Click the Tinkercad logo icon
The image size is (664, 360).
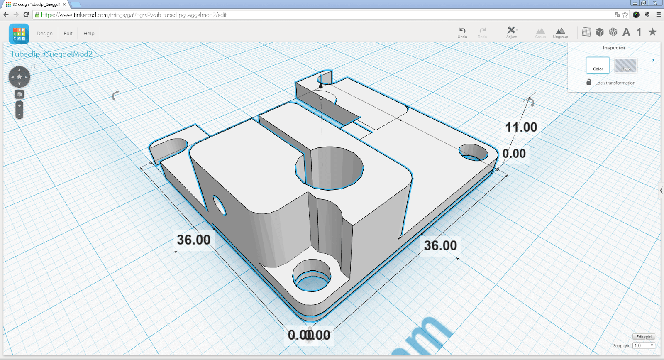click(x=19, y=34)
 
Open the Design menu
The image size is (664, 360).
click(x=44, y=34)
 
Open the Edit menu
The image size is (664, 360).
click(x=68, y=34)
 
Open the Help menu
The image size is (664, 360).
click(x=89, y=34)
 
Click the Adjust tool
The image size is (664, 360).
click(x=511, y=32)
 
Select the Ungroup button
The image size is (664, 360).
click(x=560, y=33)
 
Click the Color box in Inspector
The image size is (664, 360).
click(x=598, y=66)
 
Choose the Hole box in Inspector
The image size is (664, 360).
click(x=626, y=66)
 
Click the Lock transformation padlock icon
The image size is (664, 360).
click(x=589, y=82)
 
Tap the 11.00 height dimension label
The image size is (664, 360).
click(x=521, y=127)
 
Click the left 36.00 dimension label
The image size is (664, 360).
click(x=193, y=240)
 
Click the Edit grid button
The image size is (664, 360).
click(x=644, y=337)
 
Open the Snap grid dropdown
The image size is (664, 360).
click(x=644, y=345)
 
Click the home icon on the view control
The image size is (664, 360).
click(x=19, y=77)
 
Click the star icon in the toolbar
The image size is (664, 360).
click(x=652, y=32)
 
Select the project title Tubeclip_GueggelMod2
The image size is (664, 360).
click(x=51, y=54)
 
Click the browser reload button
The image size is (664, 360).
click(x=26, y=15)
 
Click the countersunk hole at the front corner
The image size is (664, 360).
click(x=312, y=276)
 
